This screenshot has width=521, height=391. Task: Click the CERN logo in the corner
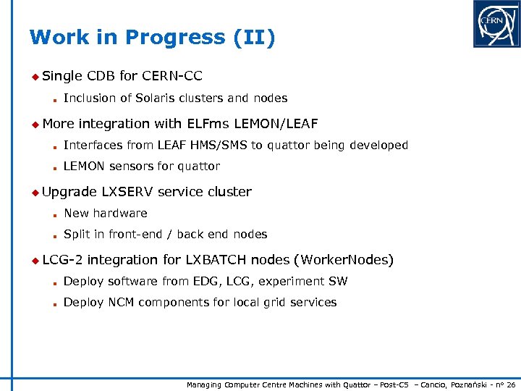496,24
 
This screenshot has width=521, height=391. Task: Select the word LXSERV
127,192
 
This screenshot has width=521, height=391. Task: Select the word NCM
116,303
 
